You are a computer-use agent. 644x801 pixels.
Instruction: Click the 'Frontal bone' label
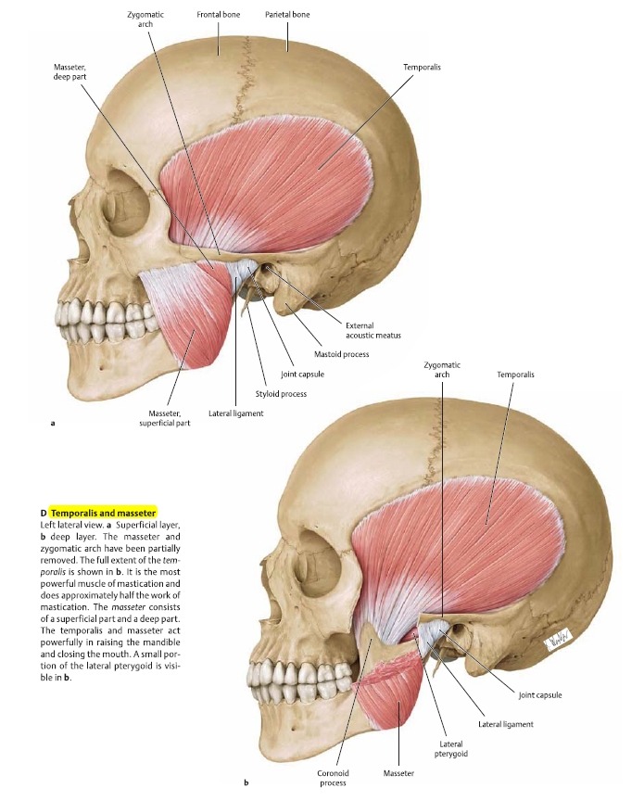(218, 14)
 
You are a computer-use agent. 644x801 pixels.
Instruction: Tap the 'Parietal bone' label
(287, 14)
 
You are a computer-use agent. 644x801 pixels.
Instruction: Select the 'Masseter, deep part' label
(70, 71)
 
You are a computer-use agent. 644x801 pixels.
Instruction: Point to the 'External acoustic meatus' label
(373, 330)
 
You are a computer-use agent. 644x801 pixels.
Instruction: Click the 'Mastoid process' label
(341, 354)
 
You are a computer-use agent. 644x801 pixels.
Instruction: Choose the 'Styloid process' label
(281, 394)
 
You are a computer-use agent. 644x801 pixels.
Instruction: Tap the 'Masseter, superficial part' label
(164, 418)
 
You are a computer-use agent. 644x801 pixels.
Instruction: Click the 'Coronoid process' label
(333, 778)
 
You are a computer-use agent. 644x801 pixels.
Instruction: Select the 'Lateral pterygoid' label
(451, 748)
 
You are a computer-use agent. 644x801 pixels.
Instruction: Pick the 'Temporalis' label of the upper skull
(422, 67)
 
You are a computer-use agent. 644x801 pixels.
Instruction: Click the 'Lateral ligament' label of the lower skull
(506, 724)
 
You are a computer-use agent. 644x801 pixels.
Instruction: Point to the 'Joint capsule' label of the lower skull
(540, 694)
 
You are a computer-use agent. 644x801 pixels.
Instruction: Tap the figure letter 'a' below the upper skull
(53, 423)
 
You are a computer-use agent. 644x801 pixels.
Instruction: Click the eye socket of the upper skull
(127, 203)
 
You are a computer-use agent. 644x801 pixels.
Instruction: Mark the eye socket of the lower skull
(321, 561)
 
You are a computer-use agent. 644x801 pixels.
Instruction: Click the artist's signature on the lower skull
(558, 639)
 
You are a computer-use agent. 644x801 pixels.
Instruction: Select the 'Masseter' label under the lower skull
(398, 773)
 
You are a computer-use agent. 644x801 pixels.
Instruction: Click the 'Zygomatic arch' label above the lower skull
(442, 369)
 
